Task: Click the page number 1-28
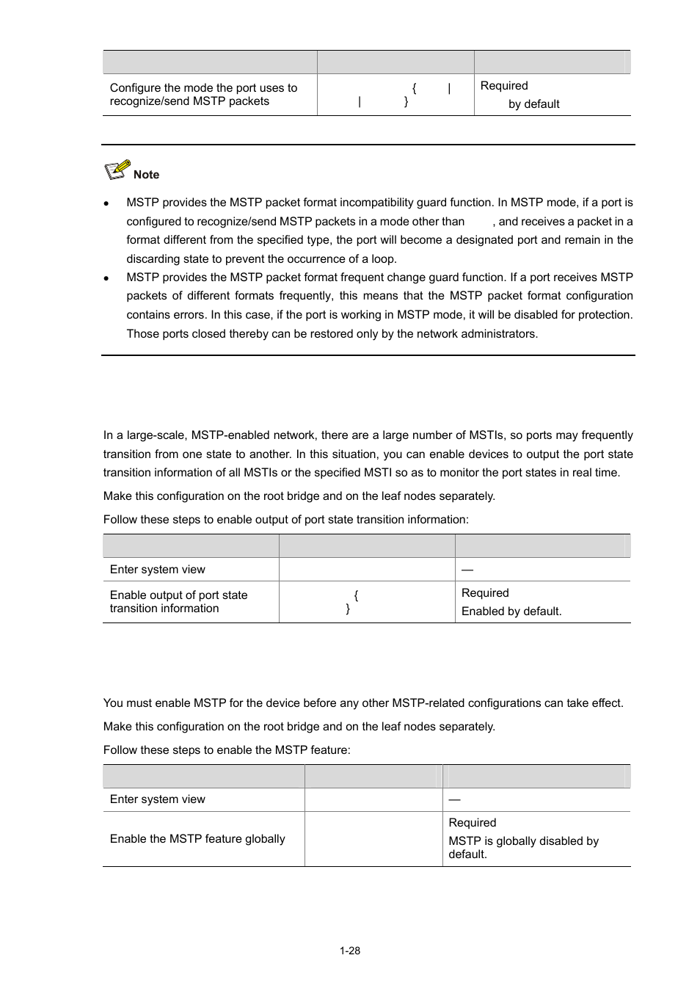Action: point(349,951)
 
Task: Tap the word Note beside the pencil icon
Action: point(146,175)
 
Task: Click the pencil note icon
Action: point(117,170)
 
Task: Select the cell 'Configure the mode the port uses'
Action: point(203,95)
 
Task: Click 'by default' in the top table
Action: point(533,104)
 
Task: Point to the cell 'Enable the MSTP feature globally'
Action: point(197,839)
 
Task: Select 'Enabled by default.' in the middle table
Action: point(511,611)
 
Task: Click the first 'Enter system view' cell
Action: point(158,570)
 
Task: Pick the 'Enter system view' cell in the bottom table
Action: point(158,799)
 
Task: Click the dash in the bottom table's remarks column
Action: point(454,799)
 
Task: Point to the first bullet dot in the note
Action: point(107,203)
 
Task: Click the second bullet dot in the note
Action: point(107,278)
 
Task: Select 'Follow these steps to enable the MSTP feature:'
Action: point(227,750)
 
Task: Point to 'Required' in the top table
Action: point(504,86)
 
